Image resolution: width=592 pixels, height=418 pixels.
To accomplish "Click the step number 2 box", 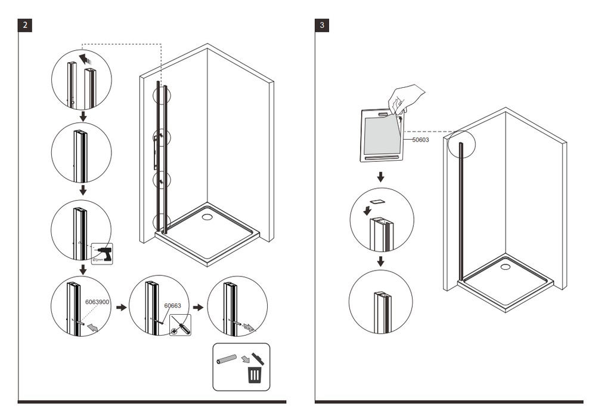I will click(24, 25).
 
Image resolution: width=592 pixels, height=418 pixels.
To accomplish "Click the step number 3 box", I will click(322, 25).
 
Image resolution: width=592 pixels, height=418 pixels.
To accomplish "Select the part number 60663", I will click(172, 305).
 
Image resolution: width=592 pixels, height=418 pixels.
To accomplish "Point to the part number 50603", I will click(421, 140).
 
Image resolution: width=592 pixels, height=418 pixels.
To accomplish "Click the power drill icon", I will click(103, 254).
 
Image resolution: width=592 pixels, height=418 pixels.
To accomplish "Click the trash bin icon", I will click(255, 374).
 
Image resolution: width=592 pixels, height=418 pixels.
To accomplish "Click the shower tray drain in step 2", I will click(207, 216).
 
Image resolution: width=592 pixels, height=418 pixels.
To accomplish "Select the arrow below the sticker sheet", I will click(380, 177).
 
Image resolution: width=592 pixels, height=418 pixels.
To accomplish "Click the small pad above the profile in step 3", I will click(377, 202).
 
